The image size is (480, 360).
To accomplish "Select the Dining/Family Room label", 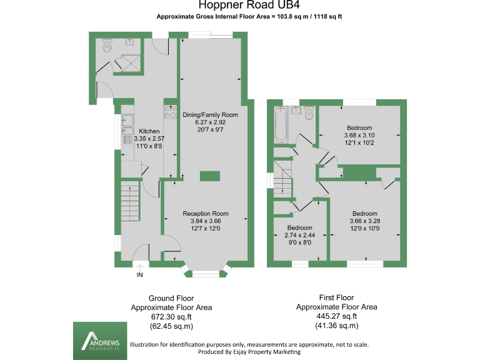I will (210, 115).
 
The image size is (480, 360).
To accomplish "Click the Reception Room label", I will (206, 213).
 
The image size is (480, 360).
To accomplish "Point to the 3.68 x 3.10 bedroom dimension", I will (359, 135).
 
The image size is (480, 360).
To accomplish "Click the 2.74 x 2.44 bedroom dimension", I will (299, 235).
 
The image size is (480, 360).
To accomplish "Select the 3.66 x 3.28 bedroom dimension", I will (364, 221).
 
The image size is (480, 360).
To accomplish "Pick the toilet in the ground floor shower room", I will (106, 46).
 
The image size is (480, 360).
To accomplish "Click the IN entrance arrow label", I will (140, 273).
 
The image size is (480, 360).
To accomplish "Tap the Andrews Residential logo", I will (99, 341).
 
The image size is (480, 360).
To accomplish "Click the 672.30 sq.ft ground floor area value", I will (171, 317).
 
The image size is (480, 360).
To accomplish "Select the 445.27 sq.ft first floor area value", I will (336, 316).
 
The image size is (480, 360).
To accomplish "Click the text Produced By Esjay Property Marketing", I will (248, 352).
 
